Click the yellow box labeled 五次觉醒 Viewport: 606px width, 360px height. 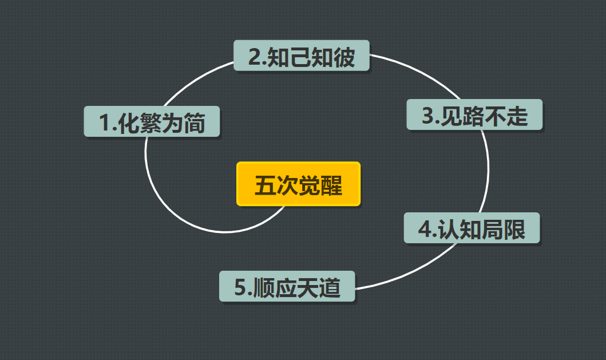tap(298, 184)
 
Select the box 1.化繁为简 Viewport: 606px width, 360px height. tap(152, 122)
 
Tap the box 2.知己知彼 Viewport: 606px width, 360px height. tap(302, 56)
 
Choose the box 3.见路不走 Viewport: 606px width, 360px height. tap(474, 115)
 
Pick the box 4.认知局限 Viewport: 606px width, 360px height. tap(472, 228)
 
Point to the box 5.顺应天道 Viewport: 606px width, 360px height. tap(287, 286)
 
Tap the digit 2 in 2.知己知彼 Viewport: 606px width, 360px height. tap(254, 57)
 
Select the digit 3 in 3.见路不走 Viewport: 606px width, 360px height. tap(427, 116)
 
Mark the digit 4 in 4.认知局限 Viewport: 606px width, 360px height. tap(425, 230)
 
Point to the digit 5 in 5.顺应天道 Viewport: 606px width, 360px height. tap(240, 287)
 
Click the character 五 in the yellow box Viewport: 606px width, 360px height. tap(264, 185)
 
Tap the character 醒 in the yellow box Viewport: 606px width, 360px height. tap(331, 185)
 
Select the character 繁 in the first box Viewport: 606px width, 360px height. tap(151, 122)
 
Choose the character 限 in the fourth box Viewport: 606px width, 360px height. tap(515, 229)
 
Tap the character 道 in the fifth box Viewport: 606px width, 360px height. tap(331, 287)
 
